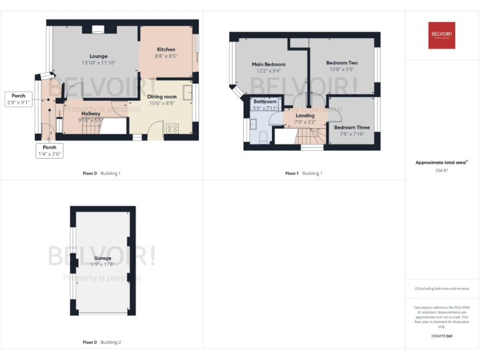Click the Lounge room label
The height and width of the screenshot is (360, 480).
(99, 56)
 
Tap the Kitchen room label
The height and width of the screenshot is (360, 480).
(166, 49)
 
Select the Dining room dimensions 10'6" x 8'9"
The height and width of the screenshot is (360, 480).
(162, 104)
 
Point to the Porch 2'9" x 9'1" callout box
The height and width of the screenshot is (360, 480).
(19, 98)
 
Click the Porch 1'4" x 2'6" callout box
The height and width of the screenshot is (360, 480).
(49, 151)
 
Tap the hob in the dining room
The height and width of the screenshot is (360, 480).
(172, 129)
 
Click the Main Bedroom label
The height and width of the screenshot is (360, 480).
(269, 64)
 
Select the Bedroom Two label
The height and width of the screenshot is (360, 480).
(342, 63)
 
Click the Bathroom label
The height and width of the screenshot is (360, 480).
(265, 101)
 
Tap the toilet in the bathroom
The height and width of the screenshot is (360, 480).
(263, 136)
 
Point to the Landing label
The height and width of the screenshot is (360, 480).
(305, 116)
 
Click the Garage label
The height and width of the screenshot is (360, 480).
(102, 258)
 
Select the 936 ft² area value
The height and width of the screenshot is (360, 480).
(442, 170)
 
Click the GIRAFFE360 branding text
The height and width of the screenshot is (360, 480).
(441, 336)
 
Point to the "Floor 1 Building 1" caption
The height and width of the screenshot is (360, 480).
(304, 173)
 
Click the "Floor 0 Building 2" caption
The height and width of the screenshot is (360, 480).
(102, 342)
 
